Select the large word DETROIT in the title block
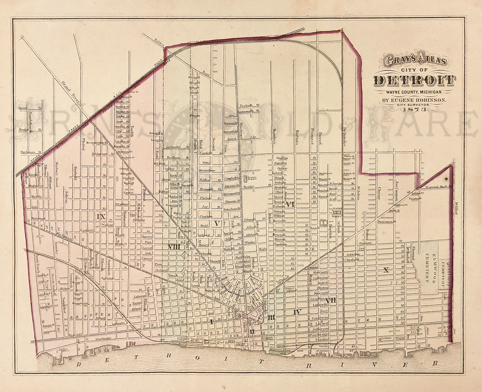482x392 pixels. pyautogui.click(x=414, y=81)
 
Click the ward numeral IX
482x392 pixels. pyautogui.click(x=101, y=216)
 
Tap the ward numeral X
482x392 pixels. pyautogui.click(x=385, y=270)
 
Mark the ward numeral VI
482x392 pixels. pyautogui.click(x=290, y=204)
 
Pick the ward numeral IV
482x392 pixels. pyautogui.click(x=297, y=312)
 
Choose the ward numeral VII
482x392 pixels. pyautogui.click(x=330, y=301)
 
